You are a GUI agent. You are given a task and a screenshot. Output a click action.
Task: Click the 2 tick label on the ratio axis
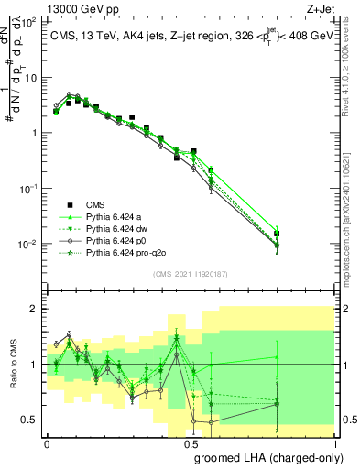coord(34,309)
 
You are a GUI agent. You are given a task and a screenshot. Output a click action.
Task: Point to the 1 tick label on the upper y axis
coord(33,133)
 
